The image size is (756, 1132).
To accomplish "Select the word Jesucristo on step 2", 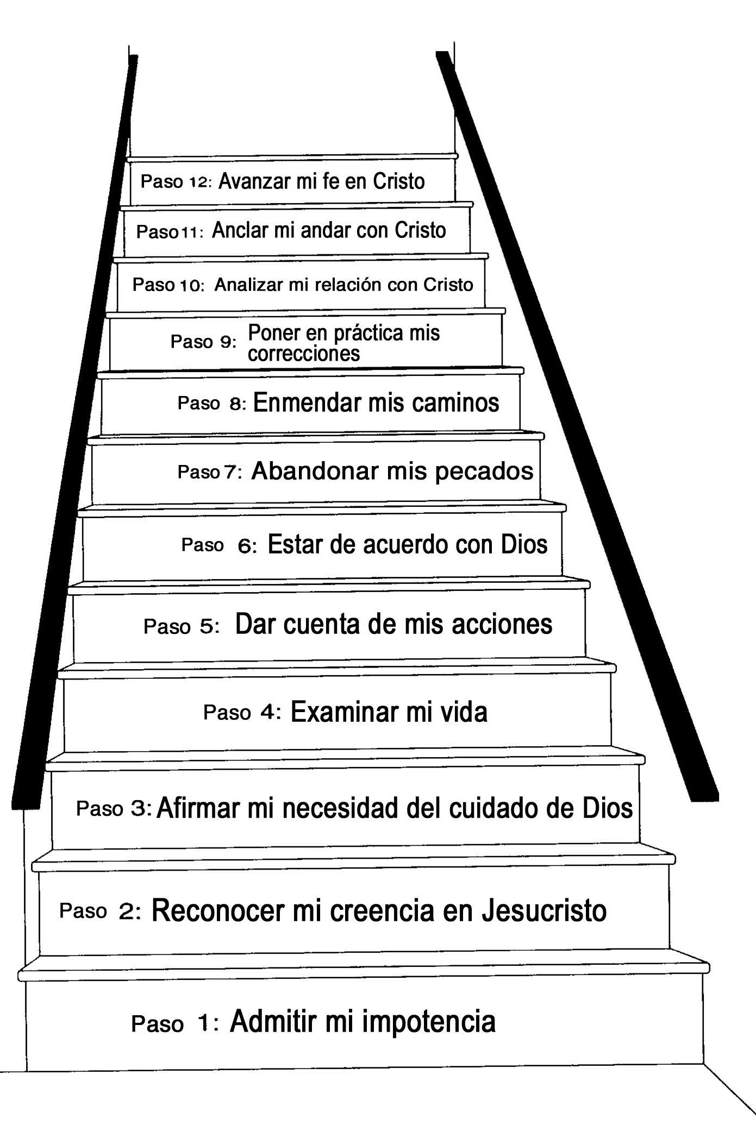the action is coord(544,911).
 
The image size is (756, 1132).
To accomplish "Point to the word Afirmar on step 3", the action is coord(198,808).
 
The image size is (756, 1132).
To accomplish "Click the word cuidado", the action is coord(492,808).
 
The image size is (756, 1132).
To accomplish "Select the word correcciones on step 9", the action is coord(303,354).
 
